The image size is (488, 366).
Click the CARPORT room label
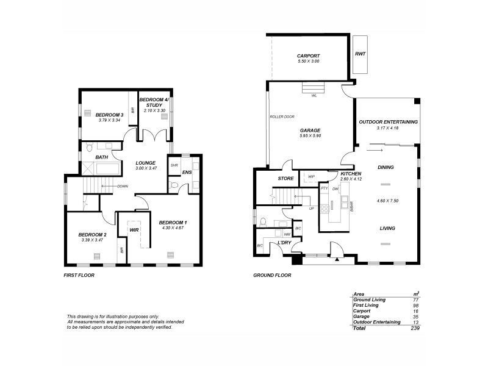(308, 56)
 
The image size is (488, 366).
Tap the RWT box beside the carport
(360, 54)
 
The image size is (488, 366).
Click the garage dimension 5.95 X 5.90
(310, 136)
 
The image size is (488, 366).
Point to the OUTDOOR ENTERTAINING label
(389, 122)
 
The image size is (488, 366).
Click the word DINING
(386, 167)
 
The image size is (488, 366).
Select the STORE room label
(286, 179)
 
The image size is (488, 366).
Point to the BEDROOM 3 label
(111, 115)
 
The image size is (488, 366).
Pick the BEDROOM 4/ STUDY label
(150, 102)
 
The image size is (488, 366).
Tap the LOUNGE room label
(147, 162)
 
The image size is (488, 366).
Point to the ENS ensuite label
(187, 173)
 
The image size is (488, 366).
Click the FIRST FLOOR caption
(79, 275)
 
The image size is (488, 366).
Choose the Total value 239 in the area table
(415, 328)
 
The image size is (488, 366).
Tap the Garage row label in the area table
(362, 316)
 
